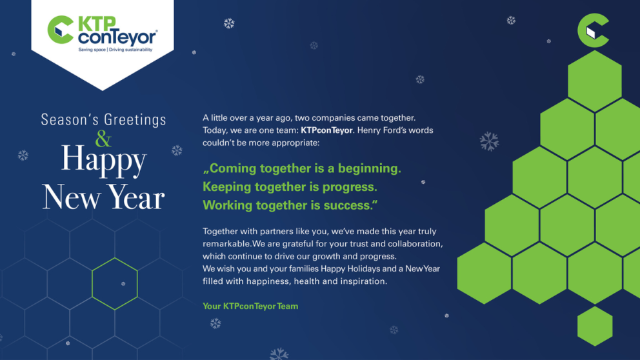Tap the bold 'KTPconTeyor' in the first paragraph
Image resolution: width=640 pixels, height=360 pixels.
(x=327, y=130)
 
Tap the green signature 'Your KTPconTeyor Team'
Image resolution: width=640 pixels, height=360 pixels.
(x=250, y=306)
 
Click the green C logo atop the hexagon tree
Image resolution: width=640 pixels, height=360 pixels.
(x=593, y=30)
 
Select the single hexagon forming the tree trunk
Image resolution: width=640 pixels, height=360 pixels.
(x=595, y=326)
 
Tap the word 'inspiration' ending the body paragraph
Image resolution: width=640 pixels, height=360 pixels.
(x=363, y=281)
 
